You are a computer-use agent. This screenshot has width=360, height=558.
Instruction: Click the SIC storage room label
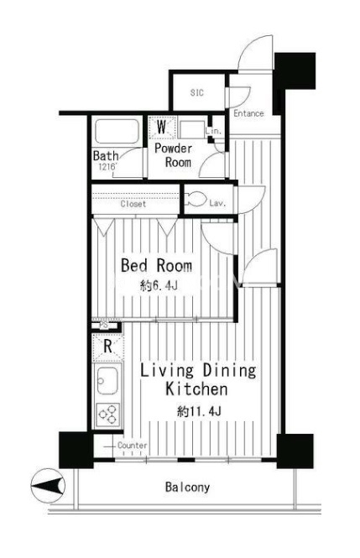(x=196, y=92)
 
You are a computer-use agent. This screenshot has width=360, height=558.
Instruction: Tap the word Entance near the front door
(x=248, y=113)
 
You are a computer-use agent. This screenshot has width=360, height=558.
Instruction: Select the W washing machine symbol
(x=162, y=127)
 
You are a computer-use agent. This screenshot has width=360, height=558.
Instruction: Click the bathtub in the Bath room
(x=117, y=131)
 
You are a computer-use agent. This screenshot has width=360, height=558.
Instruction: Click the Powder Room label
(x=173, y=155)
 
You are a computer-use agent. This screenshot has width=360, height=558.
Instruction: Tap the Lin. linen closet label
(x=213, y=131)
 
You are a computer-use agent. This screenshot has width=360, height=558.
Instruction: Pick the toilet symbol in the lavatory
(x=195, y=200)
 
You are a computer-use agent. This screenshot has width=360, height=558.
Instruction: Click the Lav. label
(x=217, y=203)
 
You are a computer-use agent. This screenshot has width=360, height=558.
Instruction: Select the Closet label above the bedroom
(x=133, y=204)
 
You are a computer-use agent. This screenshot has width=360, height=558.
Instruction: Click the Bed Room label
(x=157, y=265)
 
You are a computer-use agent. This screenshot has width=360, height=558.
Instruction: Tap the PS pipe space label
(x=103, y=325)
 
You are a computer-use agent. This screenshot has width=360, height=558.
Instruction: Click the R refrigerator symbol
(x=107, y=347)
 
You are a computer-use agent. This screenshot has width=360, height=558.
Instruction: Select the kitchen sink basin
(x=107, y=380)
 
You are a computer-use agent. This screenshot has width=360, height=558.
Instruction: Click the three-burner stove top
(x=108, y=415)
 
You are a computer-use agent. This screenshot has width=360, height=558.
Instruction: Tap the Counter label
(x=133, y=446)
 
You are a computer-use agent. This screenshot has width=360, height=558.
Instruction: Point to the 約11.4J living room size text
(x=199, y=412)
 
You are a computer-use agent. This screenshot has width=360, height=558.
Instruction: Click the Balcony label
(x=187, y=487)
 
